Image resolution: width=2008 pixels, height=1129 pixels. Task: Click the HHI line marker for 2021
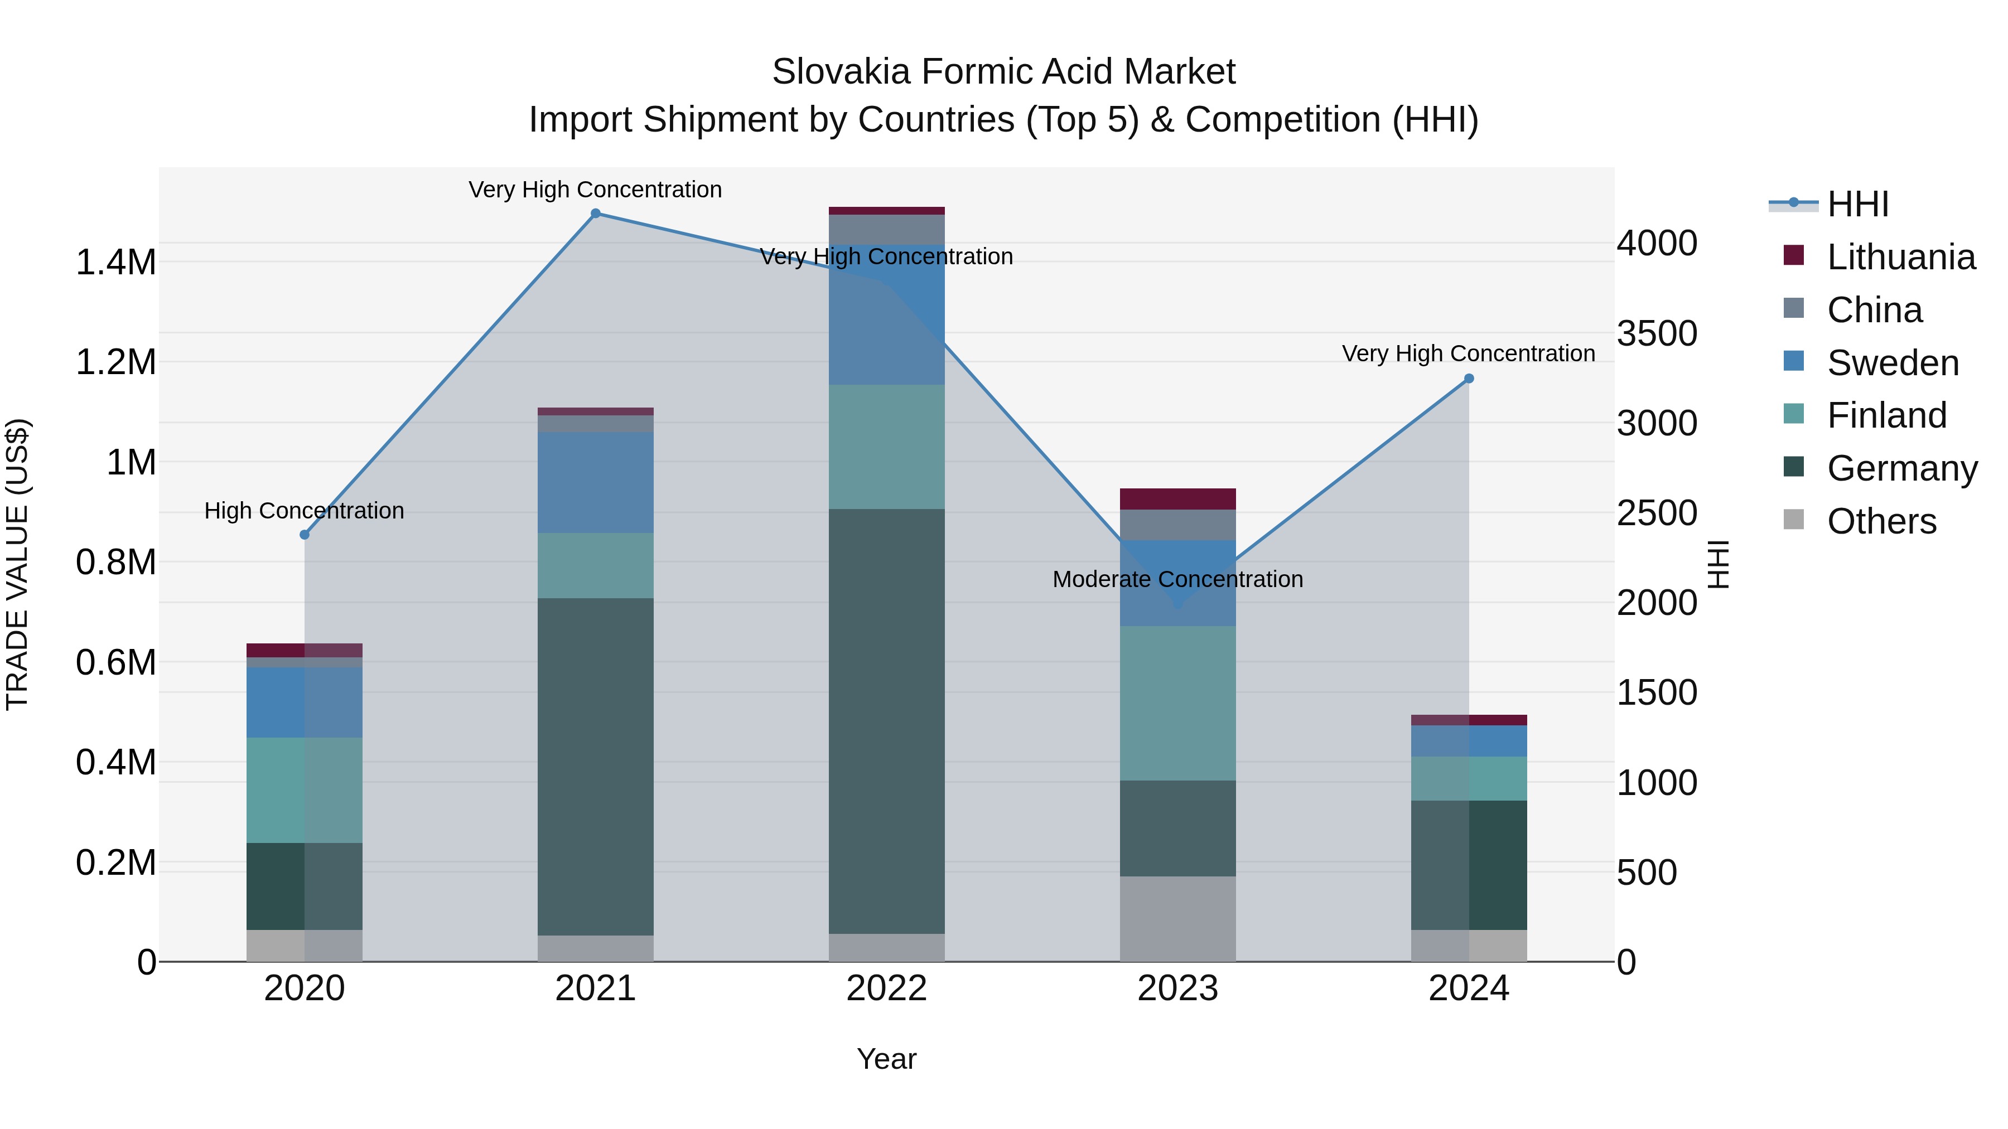(596, 214)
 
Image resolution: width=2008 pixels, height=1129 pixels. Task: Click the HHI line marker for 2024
(1469, 379)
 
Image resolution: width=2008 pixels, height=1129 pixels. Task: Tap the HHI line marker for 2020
(305, 535)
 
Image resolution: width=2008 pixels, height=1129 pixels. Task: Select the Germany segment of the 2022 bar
(886, 721)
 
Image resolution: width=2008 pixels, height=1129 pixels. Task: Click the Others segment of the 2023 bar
(1178, 919)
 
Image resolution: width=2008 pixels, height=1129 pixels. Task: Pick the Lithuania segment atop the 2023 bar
(1178, 498)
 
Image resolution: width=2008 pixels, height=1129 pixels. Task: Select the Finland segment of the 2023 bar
(1178, 703)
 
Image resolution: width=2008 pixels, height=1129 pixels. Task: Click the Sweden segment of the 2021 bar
(596, 482)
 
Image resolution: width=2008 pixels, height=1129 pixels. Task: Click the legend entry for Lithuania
(1900, 257)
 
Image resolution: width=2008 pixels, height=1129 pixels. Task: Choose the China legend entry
(1874, 310)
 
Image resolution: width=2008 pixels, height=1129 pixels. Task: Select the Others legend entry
(1881, 521)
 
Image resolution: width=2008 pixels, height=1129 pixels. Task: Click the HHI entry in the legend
(1857, 204)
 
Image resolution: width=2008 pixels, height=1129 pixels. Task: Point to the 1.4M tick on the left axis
(115, 263)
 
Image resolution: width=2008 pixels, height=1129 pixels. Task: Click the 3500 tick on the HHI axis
(1657, 333)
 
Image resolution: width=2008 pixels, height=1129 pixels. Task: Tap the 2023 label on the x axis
(1178, 989)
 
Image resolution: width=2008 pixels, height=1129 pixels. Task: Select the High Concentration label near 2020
(304, 511)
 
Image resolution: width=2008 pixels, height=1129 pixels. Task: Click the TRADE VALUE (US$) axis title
(17, 564)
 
